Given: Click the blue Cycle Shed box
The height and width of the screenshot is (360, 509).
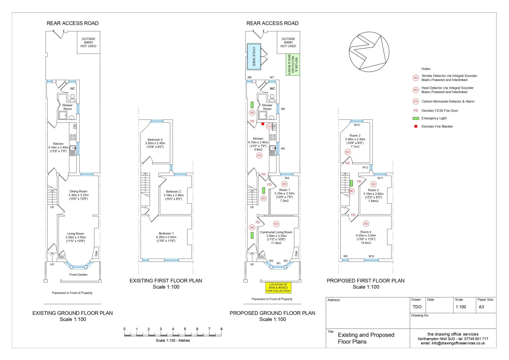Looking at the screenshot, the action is pos(254,56).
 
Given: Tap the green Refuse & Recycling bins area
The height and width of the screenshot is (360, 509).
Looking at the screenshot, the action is pos(293,64).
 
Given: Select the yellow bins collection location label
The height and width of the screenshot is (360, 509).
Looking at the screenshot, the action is pos(278,288).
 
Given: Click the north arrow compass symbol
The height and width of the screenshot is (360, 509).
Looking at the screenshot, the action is pos(369,52).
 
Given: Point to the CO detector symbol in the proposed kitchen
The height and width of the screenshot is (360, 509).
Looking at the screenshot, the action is pos(269,126).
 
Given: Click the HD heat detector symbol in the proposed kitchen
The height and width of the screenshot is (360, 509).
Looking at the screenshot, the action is pos(259,156).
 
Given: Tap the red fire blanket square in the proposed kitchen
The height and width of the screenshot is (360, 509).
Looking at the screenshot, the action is pos(263,124).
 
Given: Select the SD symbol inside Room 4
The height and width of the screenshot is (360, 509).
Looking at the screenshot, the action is pos(366,223).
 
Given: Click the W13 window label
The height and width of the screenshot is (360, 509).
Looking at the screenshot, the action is pos(357,125).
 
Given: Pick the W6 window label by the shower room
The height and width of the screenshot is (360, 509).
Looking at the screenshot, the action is pos(283,109).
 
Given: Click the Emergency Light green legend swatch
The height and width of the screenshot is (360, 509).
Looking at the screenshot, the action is pos(416,118).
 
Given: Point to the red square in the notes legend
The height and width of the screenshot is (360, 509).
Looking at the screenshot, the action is pos(416,126).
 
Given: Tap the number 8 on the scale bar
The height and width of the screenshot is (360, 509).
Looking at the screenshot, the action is pos(221,329).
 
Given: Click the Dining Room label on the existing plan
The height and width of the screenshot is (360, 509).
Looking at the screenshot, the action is pos(78,191).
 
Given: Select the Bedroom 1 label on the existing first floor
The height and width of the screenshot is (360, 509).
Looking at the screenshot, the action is pos(166,233).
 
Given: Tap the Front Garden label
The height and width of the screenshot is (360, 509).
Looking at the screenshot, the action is pos(78,274).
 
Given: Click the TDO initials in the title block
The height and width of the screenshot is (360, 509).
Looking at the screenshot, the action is pos(417,307).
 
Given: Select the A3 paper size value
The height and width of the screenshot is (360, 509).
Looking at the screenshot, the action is pos(481,307).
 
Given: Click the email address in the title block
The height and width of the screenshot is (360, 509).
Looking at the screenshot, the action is pos(453,343).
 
